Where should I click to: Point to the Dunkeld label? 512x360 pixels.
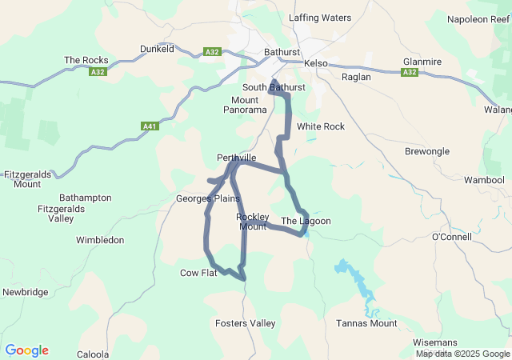pos(157,49)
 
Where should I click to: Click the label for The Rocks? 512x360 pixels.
pos(86,60)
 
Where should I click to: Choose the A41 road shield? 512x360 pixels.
pos(149,126)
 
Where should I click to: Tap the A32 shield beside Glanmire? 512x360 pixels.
pos(410,72)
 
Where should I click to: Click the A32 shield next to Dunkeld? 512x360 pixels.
pos(212,52)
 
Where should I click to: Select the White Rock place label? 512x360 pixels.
pos(320,126)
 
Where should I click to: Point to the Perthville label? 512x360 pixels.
pos(236,158)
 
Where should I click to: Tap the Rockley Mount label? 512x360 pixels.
pos(252,222)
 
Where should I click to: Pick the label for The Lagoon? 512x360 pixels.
pos(306,221)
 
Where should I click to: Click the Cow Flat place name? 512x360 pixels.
pos(198,273)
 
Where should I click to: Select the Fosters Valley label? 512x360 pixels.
pos(246,323)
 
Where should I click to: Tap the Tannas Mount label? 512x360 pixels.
pos(366,323)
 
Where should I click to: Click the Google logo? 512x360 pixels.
pos(26,350)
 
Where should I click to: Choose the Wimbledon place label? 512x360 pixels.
pos(100,240)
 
